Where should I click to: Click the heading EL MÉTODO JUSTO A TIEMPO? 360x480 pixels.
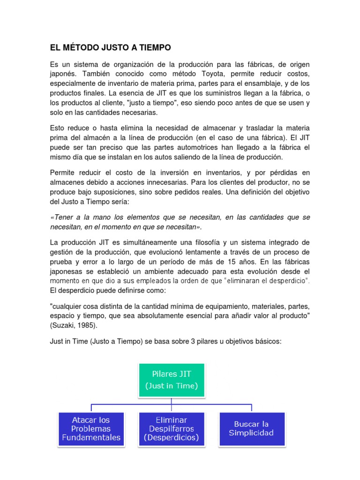[x=111, y=47]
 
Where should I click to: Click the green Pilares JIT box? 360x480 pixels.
[x=172, y=380]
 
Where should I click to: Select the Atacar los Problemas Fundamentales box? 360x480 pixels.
[x=91, y=428]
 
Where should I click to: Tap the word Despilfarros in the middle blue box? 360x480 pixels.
[x=172, y=429]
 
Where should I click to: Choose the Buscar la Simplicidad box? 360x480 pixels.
[x=251, y=428]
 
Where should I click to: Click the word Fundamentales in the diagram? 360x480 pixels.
[x=91, y=438]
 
